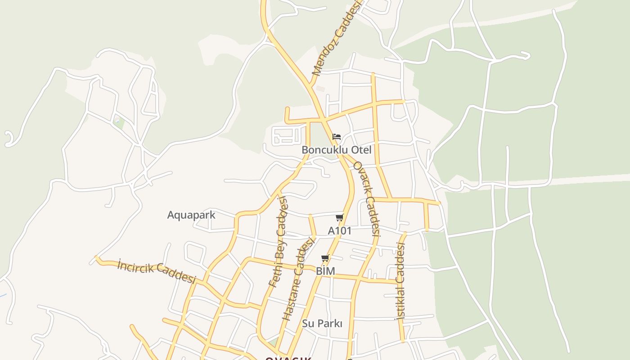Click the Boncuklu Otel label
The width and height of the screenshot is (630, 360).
pos(337,150)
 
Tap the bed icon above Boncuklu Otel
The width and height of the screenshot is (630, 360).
pos(337,137)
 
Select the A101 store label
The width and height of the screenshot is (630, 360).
pos(340,231)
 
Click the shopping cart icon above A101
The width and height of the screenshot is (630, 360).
pos(340,218)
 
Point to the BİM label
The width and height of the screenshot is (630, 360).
pos(325,271)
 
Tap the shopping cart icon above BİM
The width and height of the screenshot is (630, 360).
pos(325,258)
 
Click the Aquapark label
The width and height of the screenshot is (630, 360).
pos(191,215)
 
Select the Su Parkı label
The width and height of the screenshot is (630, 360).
pos(322,324)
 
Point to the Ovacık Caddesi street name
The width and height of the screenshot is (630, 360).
pos(367,198)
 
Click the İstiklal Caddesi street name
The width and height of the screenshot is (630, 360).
pos(400,281)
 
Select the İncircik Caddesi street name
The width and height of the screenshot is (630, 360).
pos(157,271)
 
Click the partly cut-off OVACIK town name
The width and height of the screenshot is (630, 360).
pos(288,358)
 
